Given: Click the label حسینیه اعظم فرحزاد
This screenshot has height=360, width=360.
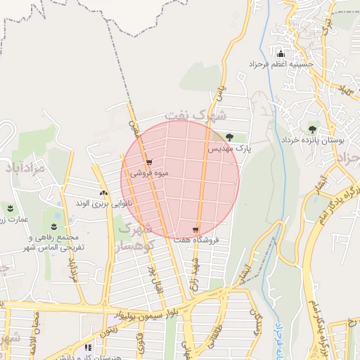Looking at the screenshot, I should click(281, 65).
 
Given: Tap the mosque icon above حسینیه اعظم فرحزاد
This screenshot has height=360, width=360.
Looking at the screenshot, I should click(281, 54).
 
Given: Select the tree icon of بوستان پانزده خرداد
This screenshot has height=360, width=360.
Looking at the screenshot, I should click(312, 129).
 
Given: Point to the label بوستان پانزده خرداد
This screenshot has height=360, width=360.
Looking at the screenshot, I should click(312, 141).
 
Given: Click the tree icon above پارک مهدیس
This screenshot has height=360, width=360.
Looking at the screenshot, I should click(229, 138).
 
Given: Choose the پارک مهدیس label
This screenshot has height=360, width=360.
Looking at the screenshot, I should click(229, 149).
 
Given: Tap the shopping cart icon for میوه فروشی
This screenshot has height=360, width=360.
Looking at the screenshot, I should click(149, 163).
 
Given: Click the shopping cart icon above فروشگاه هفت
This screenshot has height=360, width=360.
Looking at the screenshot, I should click(195, 229).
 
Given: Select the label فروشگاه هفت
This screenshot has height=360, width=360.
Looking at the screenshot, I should click(196, 240).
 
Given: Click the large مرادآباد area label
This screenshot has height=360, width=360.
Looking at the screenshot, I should click(29, 169).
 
